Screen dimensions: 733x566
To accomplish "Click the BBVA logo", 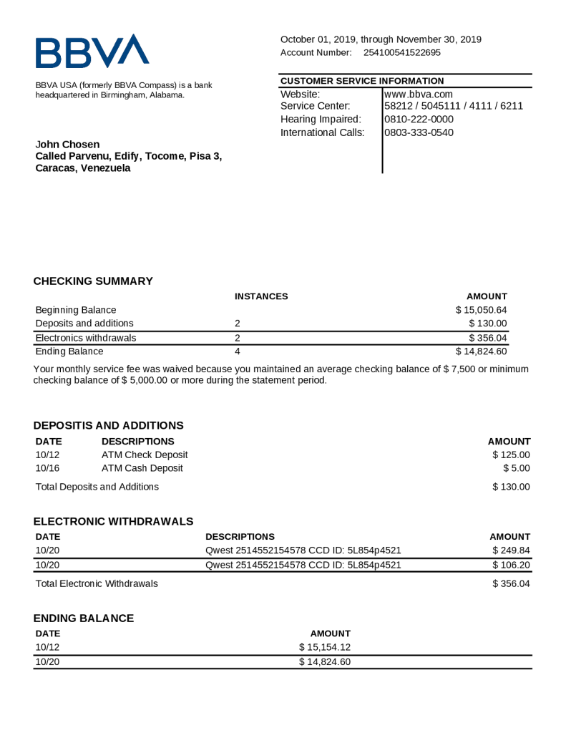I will coord(92,52).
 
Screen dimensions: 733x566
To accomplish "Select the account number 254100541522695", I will coord(402,52).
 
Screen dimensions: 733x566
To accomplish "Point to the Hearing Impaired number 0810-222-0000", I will coord(419,119).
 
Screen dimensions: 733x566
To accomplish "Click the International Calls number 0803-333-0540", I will coord(419,132).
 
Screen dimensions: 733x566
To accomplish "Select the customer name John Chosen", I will coord(68,145).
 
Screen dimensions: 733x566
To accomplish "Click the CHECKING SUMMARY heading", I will coord(93,281).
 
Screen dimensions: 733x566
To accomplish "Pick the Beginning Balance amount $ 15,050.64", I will coord(481,310).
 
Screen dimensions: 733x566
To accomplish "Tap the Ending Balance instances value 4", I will coord(238,351).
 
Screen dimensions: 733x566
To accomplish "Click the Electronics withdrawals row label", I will coord(86,338).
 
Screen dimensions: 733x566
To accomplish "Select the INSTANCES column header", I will coord(261,296).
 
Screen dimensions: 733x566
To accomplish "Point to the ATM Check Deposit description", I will coord(145,455).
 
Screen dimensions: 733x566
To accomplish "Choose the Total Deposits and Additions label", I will coord(97,487).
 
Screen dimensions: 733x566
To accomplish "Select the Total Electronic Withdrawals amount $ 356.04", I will coord(511,584).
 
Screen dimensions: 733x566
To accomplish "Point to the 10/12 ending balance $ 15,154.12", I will coord(324,648).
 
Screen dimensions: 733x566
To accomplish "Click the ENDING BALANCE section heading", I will coord(84,618).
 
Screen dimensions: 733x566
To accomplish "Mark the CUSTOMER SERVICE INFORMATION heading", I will coord(362,81).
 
